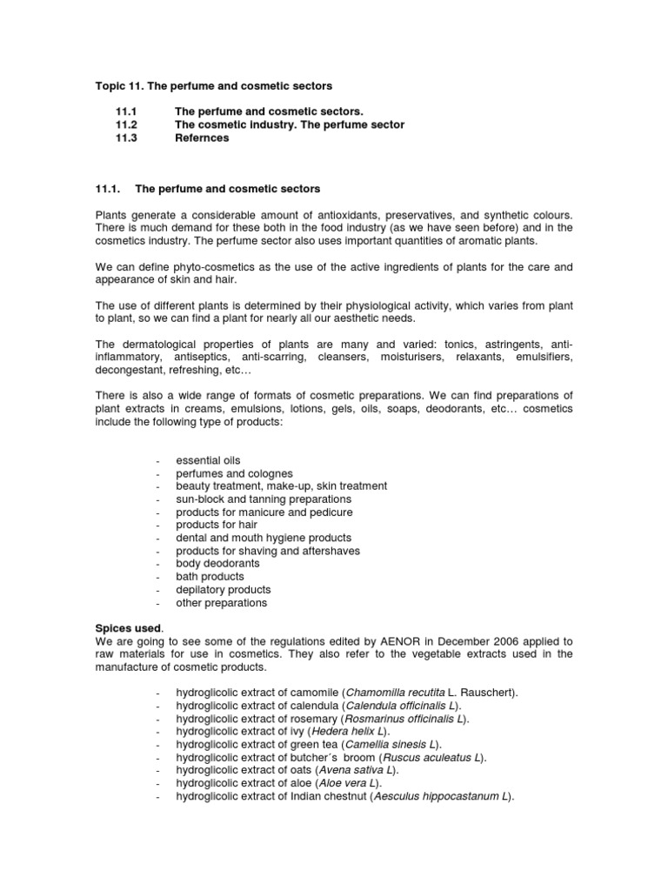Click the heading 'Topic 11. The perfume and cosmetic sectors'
(x=213, y=86)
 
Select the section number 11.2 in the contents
(x=126, y=124)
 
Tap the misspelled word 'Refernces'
(x=202, y=137)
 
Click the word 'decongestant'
(x=128, y=370)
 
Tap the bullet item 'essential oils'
(x=208, y=460)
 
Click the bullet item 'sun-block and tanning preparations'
(x=264, y=499)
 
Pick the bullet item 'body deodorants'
(x=217, y=564)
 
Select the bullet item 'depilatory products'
(x=224, y=590)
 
